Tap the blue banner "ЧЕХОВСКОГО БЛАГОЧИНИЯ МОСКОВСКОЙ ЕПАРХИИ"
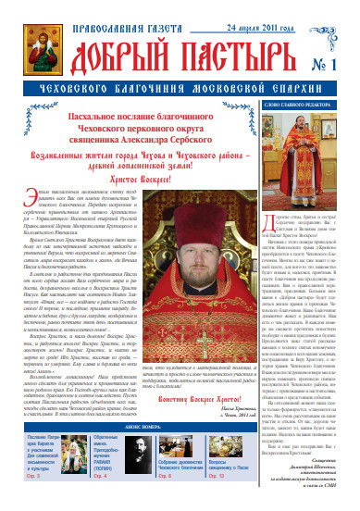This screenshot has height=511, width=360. tap(180, 93)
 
